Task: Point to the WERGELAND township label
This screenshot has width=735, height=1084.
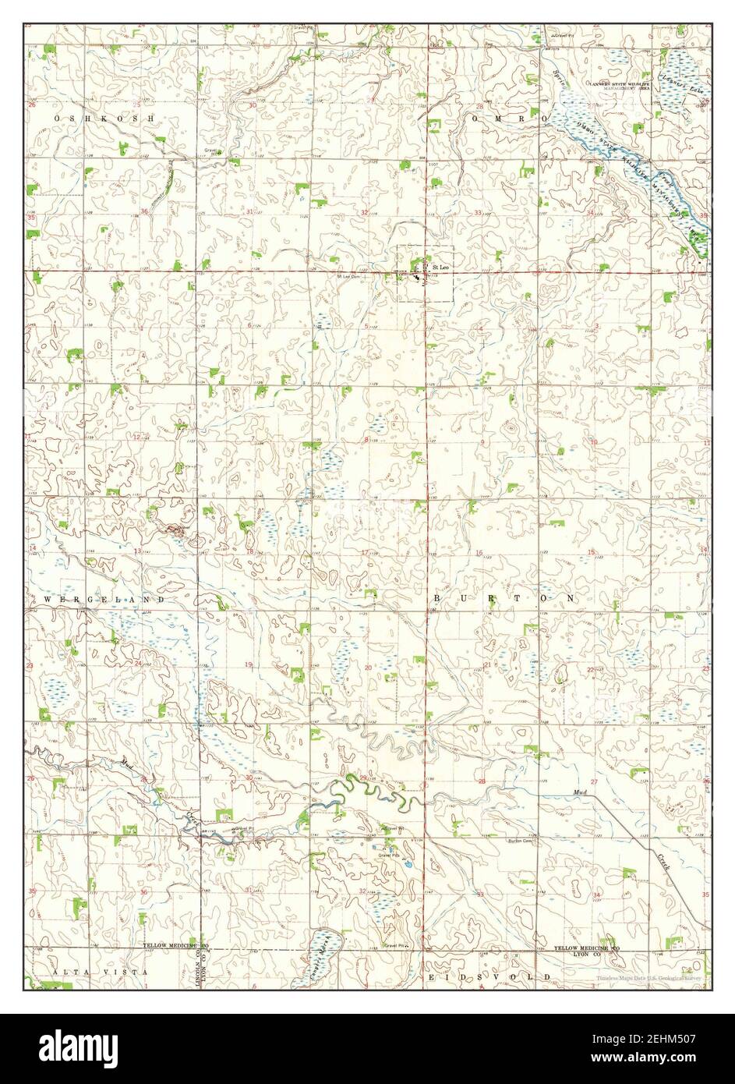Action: (x=105, y=599)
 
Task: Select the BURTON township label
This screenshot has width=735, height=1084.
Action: (x=504, y=597)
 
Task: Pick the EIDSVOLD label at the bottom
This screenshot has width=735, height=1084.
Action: (x=489, y=976)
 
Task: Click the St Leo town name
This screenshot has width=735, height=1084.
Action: (x=440, y=267)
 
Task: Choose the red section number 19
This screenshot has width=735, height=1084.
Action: (x=249, y=664)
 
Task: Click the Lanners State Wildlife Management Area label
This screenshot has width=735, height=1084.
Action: (x=620, y=87)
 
